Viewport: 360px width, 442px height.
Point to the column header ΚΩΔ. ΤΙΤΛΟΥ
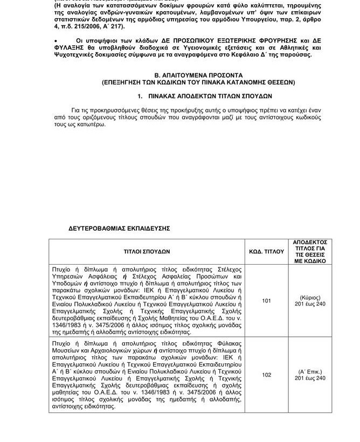pos(266,251)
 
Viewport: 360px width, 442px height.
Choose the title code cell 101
pos(266,300)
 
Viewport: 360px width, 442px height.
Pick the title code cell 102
pos(266,375)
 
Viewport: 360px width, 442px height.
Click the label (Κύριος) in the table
pos(310,297)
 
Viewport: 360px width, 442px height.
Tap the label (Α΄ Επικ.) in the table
pos(310,371)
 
